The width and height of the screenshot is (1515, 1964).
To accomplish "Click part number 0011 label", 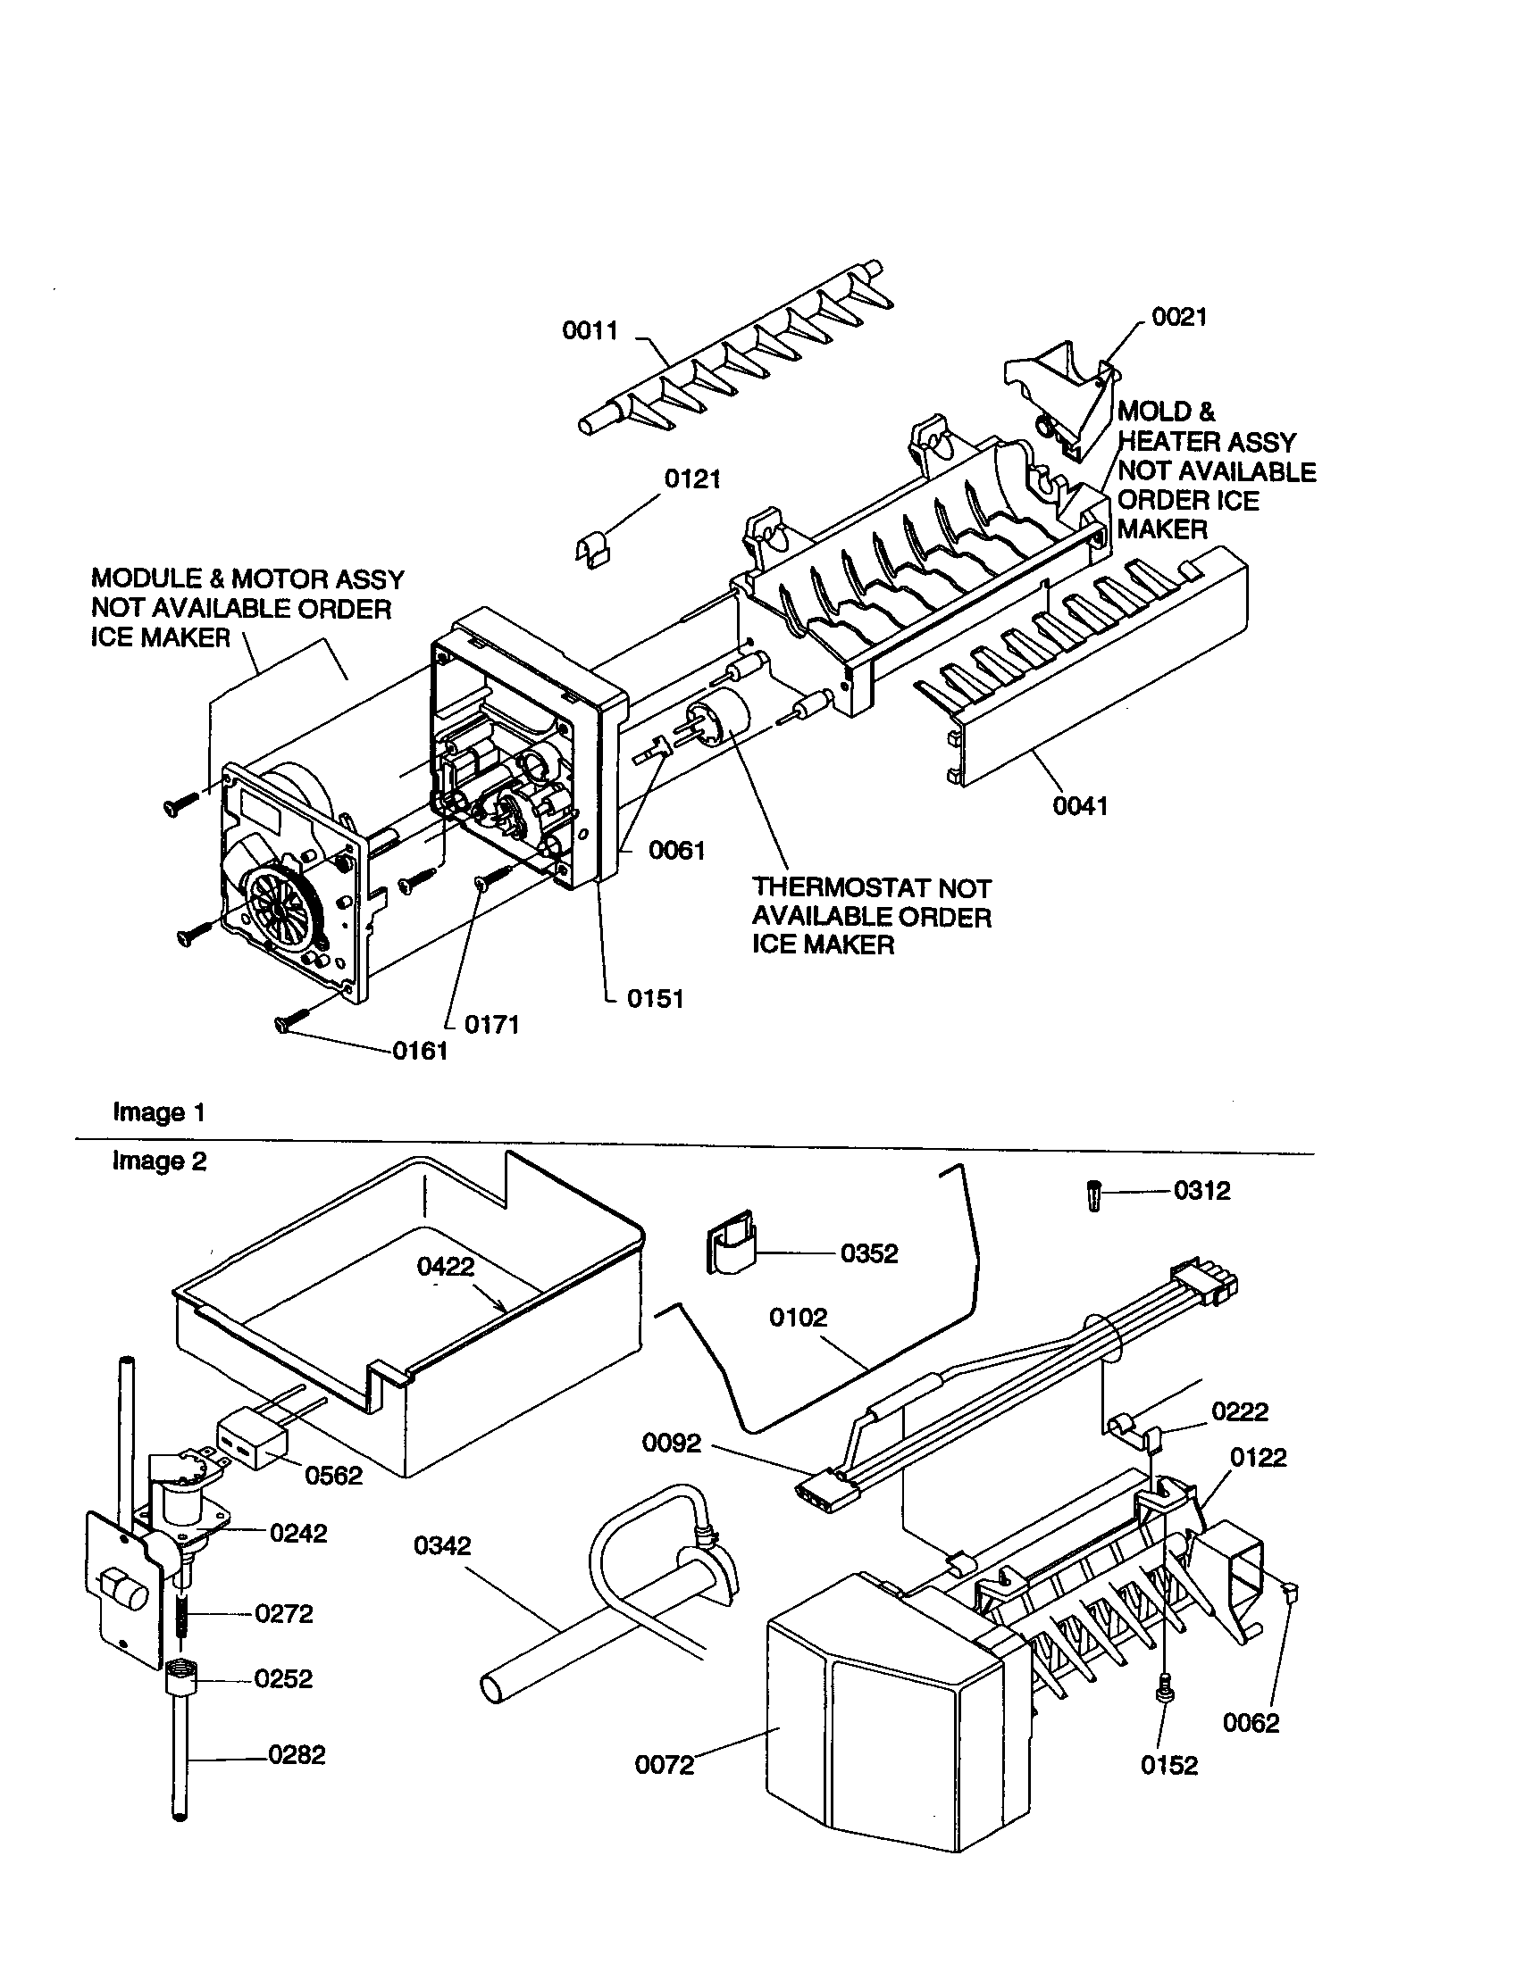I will click(x=590, y=331).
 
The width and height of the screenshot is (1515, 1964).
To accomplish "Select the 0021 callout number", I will click(x=1178, y=318).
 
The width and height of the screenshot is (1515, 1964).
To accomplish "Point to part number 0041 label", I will click(x=1080, y=806).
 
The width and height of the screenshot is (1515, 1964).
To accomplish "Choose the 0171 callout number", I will click(x=491, y=1024).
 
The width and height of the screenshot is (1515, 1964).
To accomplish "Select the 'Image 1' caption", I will click(x=159, y=1112).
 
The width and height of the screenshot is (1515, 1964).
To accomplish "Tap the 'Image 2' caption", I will click(x=159, y=1161).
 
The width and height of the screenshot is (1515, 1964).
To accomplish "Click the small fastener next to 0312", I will click(x=1094, y=1196).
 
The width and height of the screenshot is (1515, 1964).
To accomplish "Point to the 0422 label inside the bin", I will click(x=446, y=1266).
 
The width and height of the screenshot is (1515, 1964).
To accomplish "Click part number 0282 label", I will click(x=297, y=1754).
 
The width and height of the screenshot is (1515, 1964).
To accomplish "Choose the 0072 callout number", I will click(x=665, y=1765).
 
